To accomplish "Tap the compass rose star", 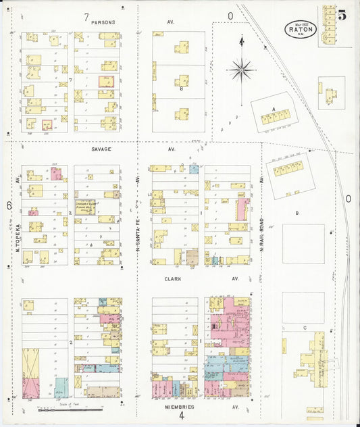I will click(241, 68).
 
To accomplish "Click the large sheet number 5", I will click(342, 16).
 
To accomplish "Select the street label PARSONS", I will click(104, 22).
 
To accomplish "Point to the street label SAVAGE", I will click(102, 149).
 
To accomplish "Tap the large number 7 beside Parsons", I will click(86, 16).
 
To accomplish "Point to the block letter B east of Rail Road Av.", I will click(297, 213).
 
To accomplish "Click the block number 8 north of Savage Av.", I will click(181, 88).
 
